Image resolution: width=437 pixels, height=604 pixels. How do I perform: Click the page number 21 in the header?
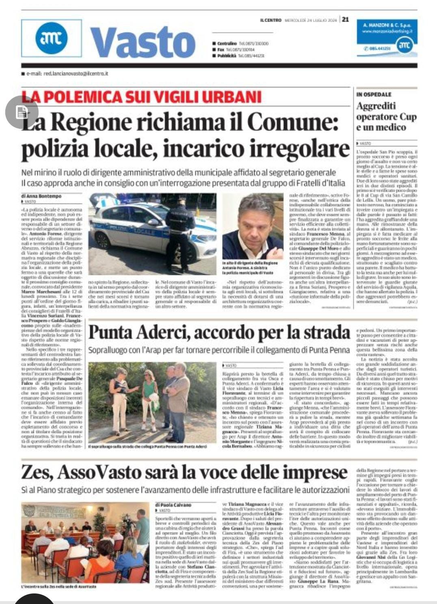point(345,19)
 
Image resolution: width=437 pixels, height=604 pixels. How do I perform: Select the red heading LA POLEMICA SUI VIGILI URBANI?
point(141,97)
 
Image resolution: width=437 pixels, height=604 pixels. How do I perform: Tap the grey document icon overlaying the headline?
point(22,112)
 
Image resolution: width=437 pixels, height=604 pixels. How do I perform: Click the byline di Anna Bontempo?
point(41,196)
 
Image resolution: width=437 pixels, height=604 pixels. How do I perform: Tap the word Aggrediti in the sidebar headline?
point(376,106)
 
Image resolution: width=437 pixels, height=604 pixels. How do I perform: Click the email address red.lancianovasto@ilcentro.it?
point(67,74)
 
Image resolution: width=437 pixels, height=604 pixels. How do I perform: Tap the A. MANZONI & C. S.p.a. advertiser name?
point(387,25)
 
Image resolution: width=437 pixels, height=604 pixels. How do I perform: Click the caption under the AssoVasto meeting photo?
point(59,587)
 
